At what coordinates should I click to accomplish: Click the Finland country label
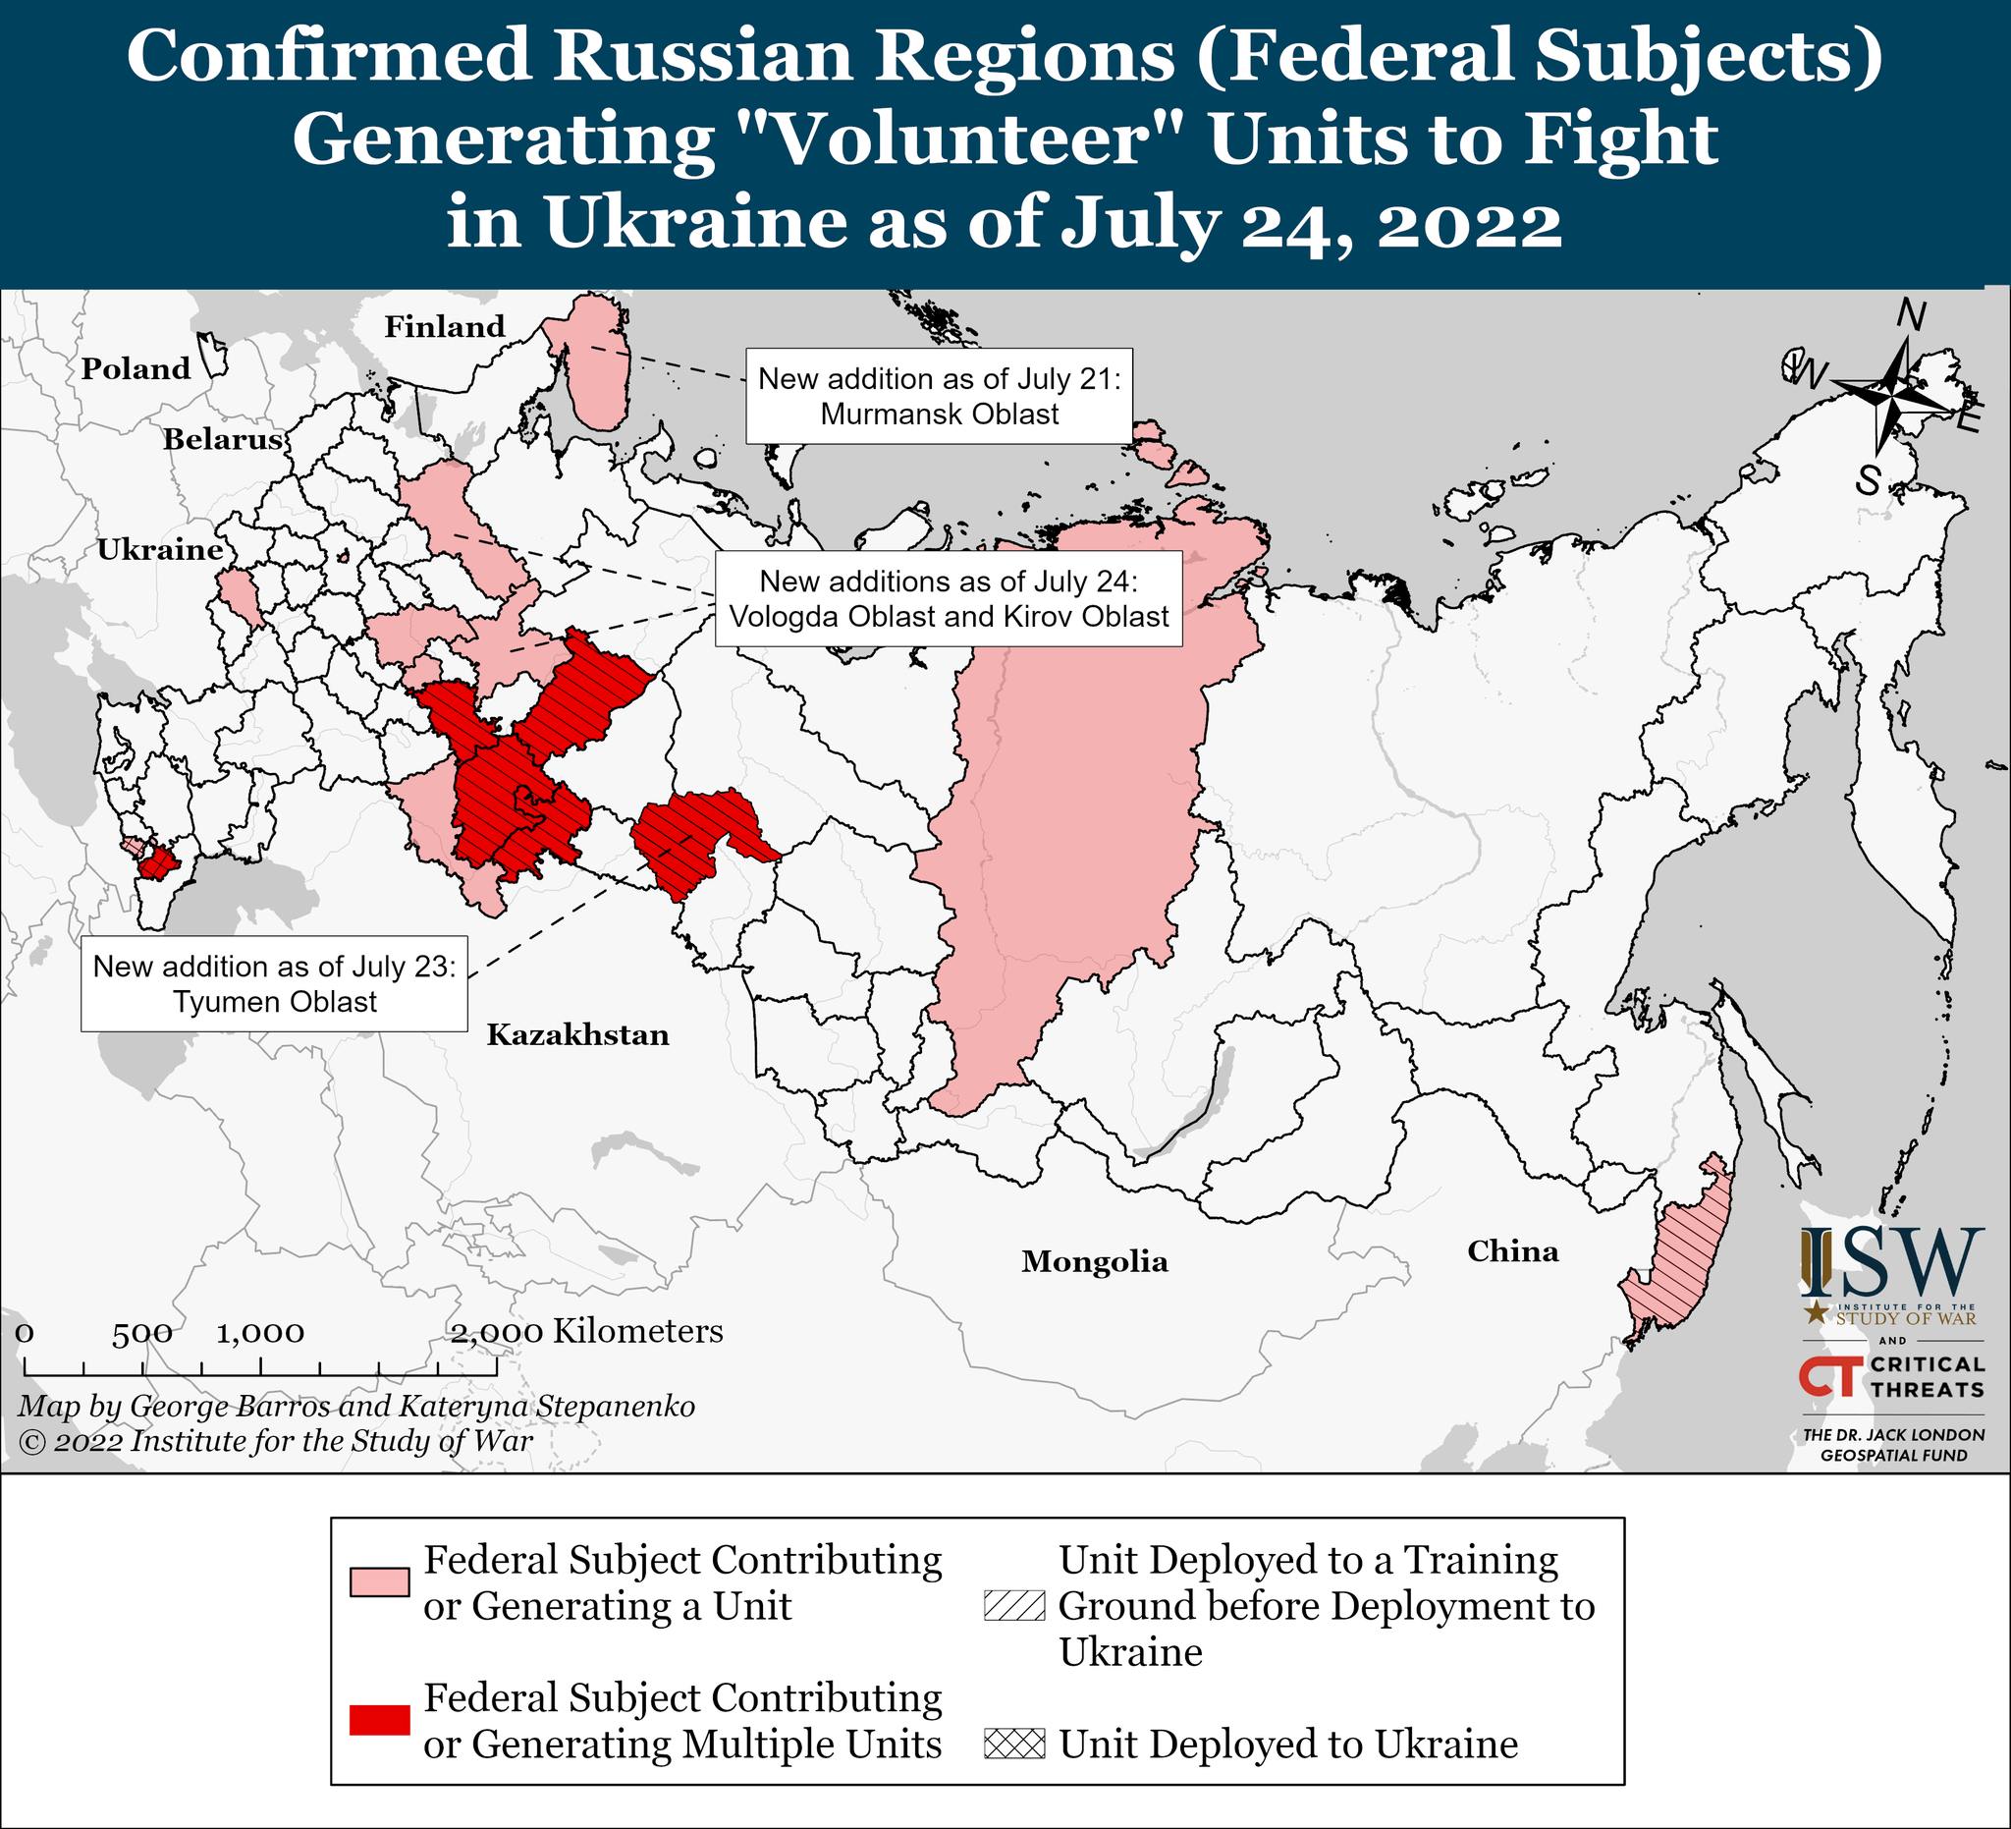pos(445,326)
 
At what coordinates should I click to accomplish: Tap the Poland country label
pos(136,368)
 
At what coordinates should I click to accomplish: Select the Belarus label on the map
pos(224,439)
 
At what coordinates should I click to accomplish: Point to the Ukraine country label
pos(160,550)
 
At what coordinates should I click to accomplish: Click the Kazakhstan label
pos(577,1034)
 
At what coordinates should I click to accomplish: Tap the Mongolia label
pos(1094,1261)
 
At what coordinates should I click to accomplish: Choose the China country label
pos(1512,1251)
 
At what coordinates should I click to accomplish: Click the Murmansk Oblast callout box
pos(939,396)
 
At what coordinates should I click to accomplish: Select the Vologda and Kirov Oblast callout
pos(948,598)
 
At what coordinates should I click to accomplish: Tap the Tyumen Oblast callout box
pos(274,984)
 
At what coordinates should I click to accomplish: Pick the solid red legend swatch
pos(379,1720)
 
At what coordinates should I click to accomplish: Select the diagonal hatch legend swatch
pos(1013,1605)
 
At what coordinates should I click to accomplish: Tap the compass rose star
pos(1888,397)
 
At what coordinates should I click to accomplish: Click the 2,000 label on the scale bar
pos(497,1332)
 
